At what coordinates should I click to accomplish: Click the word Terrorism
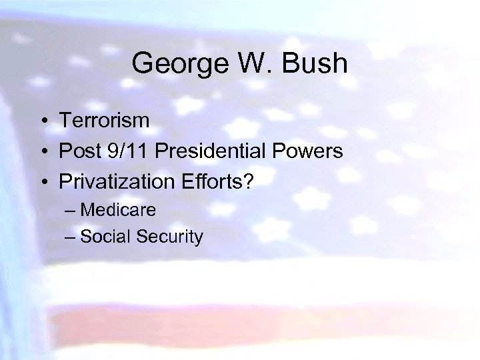pos(104,121)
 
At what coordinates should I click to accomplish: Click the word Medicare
pos(118,210)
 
